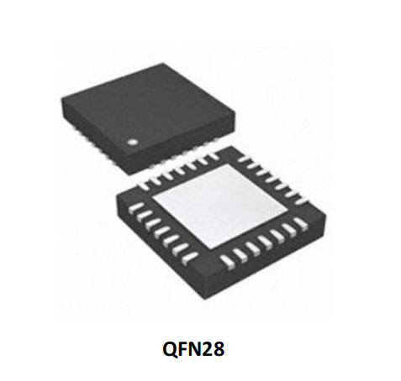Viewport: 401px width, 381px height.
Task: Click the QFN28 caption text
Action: pos(193,349)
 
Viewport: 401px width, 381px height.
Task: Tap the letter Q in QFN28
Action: pos(169,349)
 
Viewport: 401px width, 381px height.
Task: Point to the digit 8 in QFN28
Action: pos(219,349)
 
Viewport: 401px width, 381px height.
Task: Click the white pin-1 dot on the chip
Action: pos(131,143)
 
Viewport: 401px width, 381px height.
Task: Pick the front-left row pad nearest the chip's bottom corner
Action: pos(190,258)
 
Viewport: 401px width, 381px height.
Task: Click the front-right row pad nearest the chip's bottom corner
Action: pos(228,262)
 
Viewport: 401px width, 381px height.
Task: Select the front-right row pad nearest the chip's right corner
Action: pos(302,223)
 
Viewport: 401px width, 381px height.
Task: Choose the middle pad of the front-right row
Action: pos(265,242)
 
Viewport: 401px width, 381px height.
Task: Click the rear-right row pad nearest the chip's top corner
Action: pos(243,159)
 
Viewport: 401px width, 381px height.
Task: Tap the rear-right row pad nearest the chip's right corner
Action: pos(301,201)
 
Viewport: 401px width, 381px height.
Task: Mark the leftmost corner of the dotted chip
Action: pos(61,97)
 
